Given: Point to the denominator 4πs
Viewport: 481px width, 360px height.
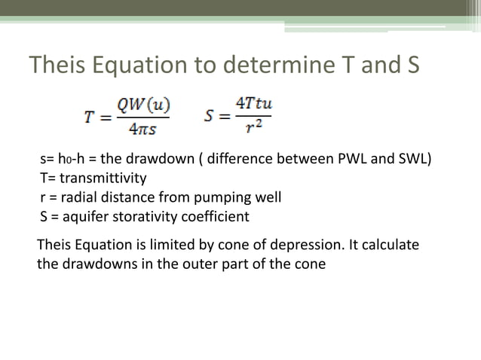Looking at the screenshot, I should (148, 130).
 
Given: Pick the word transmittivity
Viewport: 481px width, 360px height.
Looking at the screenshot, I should (101, 179).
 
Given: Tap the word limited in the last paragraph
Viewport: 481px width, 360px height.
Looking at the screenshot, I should (161, 246).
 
